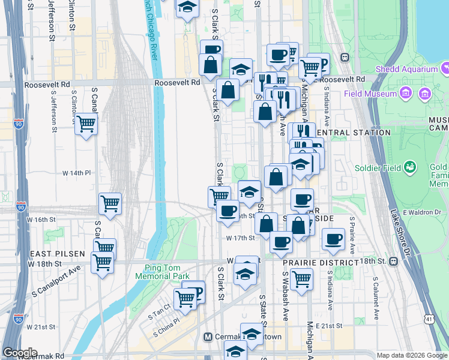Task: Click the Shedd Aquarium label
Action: click(x=406, y=70)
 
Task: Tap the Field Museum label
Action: click(x=370, y=94)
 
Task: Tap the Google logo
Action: click(x=20, y=353)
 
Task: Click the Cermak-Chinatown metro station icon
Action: click(x=209, y=337)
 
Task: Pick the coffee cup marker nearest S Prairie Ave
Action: click(x=334, y=238)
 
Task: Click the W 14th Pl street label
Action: click(x=77, y=173)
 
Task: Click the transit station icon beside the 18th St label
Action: click(x=393, y=262)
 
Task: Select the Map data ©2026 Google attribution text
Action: click(x=412, y=355)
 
